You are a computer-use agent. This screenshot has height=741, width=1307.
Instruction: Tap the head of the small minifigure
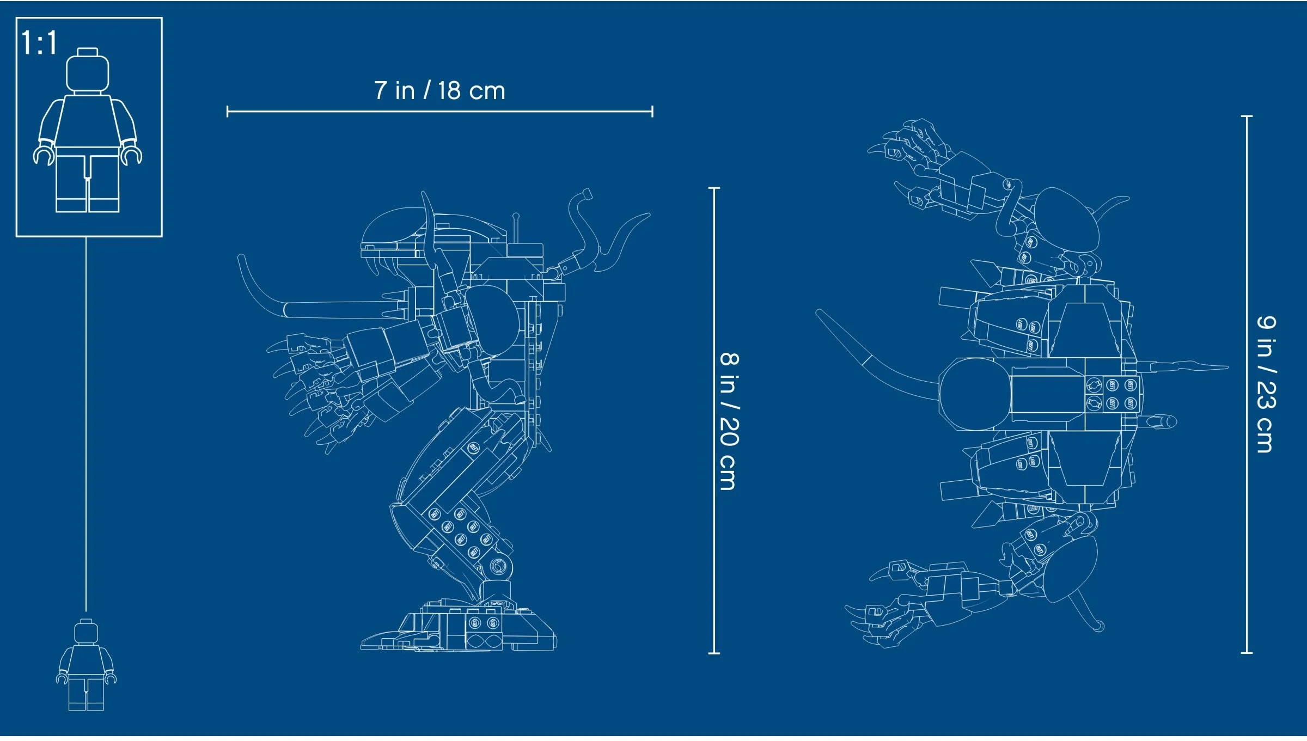86,633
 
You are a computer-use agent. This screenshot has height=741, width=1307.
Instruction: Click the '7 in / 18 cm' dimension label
439,90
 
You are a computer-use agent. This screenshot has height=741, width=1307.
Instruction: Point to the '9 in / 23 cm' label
1266,384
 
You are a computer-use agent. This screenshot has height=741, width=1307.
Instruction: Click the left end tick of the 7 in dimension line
228,112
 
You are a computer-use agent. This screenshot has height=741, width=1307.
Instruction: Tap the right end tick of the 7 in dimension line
652,112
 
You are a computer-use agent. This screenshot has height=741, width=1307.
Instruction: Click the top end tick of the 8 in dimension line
714,188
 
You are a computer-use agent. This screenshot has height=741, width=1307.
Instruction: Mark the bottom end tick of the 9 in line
1247,652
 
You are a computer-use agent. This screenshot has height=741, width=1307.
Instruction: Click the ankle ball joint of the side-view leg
498,567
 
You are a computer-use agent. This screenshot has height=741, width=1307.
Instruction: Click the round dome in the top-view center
975,394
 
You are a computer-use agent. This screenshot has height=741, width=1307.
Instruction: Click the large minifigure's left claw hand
44,155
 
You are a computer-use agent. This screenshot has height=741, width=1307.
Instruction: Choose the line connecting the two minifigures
86,425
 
